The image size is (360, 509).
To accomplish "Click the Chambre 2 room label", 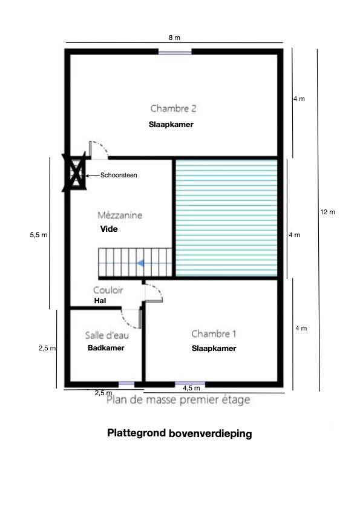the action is tap(174, 108).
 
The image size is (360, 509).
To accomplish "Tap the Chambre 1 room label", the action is tap(214, 333).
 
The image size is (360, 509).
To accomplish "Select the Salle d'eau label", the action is tap(107, 335).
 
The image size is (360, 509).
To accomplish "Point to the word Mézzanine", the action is tap(120, 215).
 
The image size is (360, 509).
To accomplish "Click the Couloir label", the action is tap(108, 290).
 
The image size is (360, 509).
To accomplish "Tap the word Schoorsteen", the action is tap(119, 175).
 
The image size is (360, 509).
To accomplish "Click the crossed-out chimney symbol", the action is tap(74, 172).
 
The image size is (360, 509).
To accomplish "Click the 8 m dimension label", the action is tap(174, 38).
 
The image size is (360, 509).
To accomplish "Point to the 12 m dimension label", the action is tap(327, 212).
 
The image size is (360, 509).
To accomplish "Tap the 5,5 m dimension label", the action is tap(39, 235).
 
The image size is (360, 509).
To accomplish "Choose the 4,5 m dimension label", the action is tap(192, 388).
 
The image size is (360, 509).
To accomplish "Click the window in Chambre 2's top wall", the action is tap(175, 51).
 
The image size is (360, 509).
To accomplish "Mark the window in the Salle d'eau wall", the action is tap(126, 384).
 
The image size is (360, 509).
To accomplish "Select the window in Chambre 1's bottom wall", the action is tap(190, 384).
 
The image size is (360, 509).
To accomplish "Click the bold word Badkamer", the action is tap(106, 347).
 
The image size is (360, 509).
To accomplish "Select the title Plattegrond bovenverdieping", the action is tap(180, 434).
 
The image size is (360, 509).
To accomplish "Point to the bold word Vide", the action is tap(109, 229).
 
